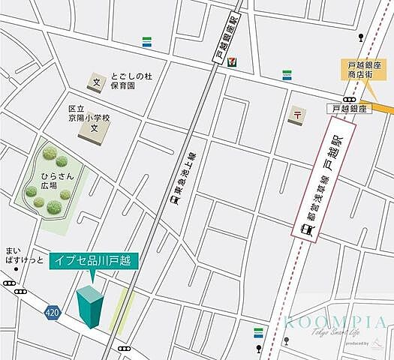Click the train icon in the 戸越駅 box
point(306,230)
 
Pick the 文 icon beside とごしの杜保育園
point(96,80)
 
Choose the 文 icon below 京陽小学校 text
point(95,129)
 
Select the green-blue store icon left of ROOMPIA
point(258,331)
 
